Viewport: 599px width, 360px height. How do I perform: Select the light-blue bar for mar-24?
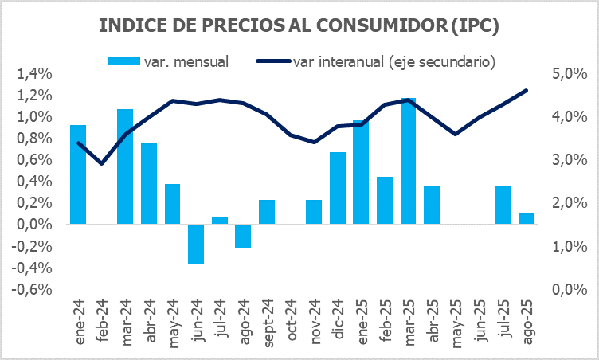pyautogui.click(x=125, y=166)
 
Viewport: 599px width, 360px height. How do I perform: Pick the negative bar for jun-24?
pyautogui.click(x=196, y=244)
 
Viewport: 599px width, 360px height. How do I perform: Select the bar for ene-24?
pyautogui.click(x=78, y=174)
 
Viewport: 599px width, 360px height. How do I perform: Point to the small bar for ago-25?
pyautogui.click(x=526, y=218)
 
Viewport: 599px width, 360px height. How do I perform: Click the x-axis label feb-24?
pyautogui.click(x=102, y=323)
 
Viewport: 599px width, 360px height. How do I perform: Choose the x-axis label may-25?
pyautogui.click(x=455, y=323)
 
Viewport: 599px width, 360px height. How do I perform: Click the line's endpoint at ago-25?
pyautogui.click(x=526, y=90)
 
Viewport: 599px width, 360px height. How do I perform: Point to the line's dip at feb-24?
pyautogui.click(x=102, y=163)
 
